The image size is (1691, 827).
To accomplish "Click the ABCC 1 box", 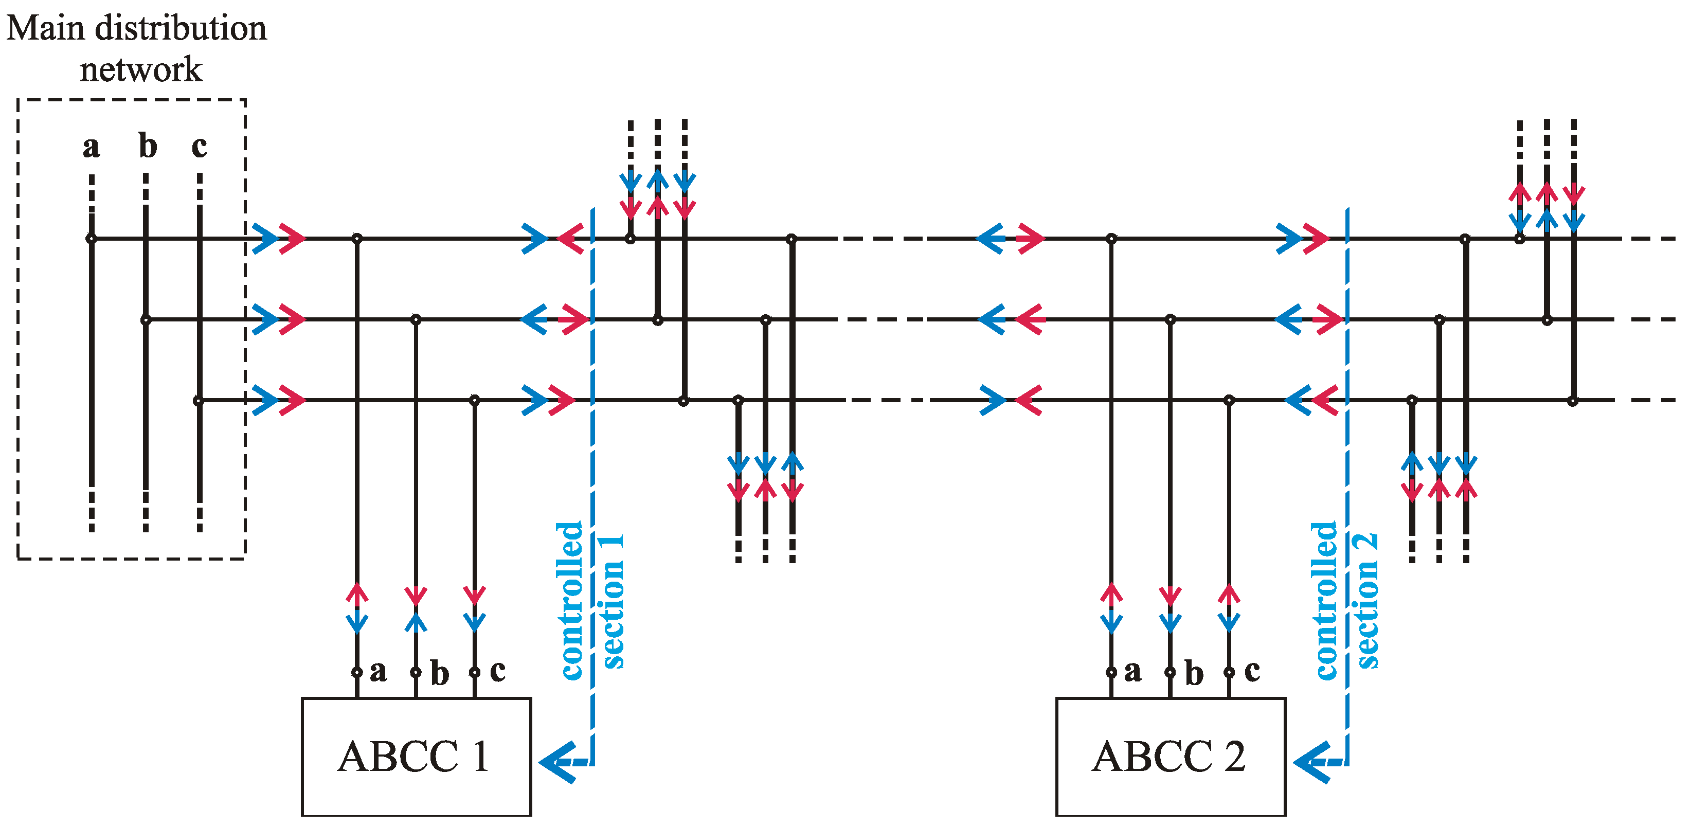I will [x=416, y=756].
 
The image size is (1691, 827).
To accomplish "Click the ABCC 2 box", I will [x=1171, y=756].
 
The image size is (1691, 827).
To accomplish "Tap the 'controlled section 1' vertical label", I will [x=589, y=601].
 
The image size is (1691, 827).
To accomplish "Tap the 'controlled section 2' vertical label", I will [x=1344, y=601].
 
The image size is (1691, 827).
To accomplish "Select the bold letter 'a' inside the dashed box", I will [x=91, y=147].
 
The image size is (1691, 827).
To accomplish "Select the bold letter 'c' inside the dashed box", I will [x=199, y=147].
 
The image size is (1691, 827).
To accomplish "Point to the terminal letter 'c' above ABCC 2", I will [x=1252, y=671].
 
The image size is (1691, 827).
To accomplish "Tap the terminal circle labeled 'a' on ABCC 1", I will [x=356, y=672].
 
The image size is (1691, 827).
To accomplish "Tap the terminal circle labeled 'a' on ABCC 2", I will [x=1111, y=672].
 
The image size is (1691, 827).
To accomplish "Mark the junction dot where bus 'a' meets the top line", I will [x=91, y=239].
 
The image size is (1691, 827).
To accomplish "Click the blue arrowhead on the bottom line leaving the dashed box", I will [x=265, y=400].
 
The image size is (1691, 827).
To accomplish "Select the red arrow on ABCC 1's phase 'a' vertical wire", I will [x=356, y=594].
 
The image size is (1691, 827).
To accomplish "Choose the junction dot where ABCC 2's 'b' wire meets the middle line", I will [x=1170, y=320].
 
